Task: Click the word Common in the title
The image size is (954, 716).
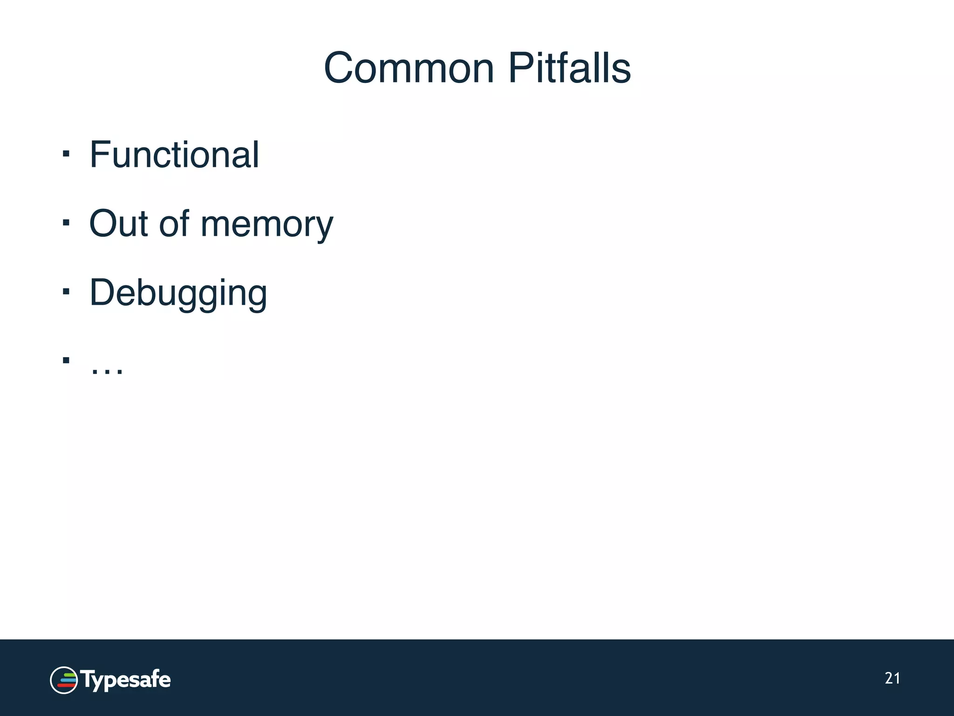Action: point(409,69)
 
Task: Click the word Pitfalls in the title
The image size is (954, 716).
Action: point(569,69)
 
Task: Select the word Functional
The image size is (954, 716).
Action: point(174,155)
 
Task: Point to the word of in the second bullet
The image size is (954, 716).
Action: point(174,224)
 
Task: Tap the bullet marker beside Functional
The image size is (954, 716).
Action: point(66,153)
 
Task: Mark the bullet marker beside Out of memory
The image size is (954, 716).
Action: point(66,222)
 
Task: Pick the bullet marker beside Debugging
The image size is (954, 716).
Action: point(66,291)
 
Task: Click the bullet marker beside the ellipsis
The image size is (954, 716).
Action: point(66,360)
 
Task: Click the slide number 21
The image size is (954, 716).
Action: point(892,678)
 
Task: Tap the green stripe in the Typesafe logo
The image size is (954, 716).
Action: point(68,675)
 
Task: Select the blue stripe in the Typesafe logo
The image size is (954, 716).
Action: point(68,680)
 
